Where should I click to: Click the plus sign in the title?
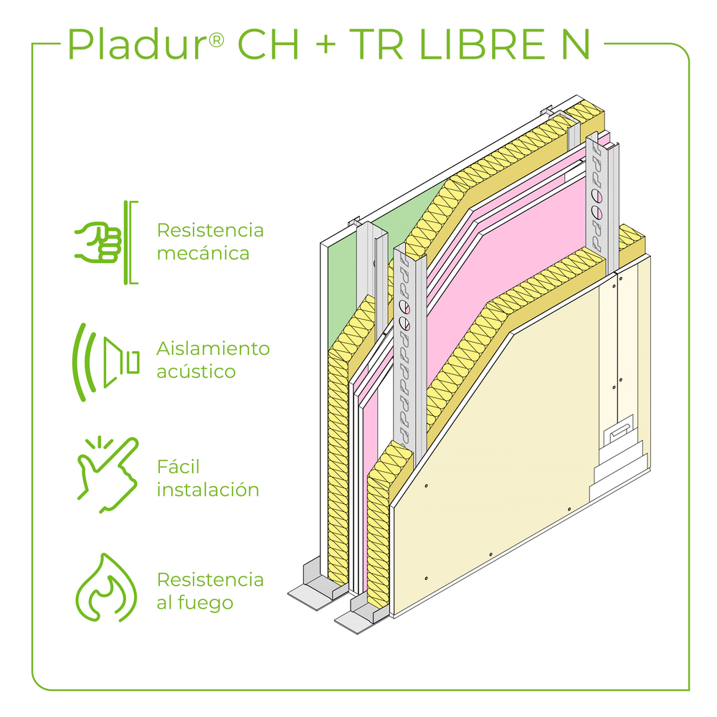pos(325,46)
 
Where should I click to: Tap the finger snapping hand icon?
pos(105,473)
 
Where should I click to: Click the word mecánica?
pos(203,254)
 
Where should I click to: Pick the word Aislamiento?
pos(213,349)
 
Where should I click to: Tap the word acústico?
pos(196,372)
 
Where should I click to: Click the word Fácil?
pos(178,467)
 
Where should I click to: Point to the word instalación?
pos(207,490)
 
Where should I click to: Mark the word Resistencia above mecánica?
pos(210,231)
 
